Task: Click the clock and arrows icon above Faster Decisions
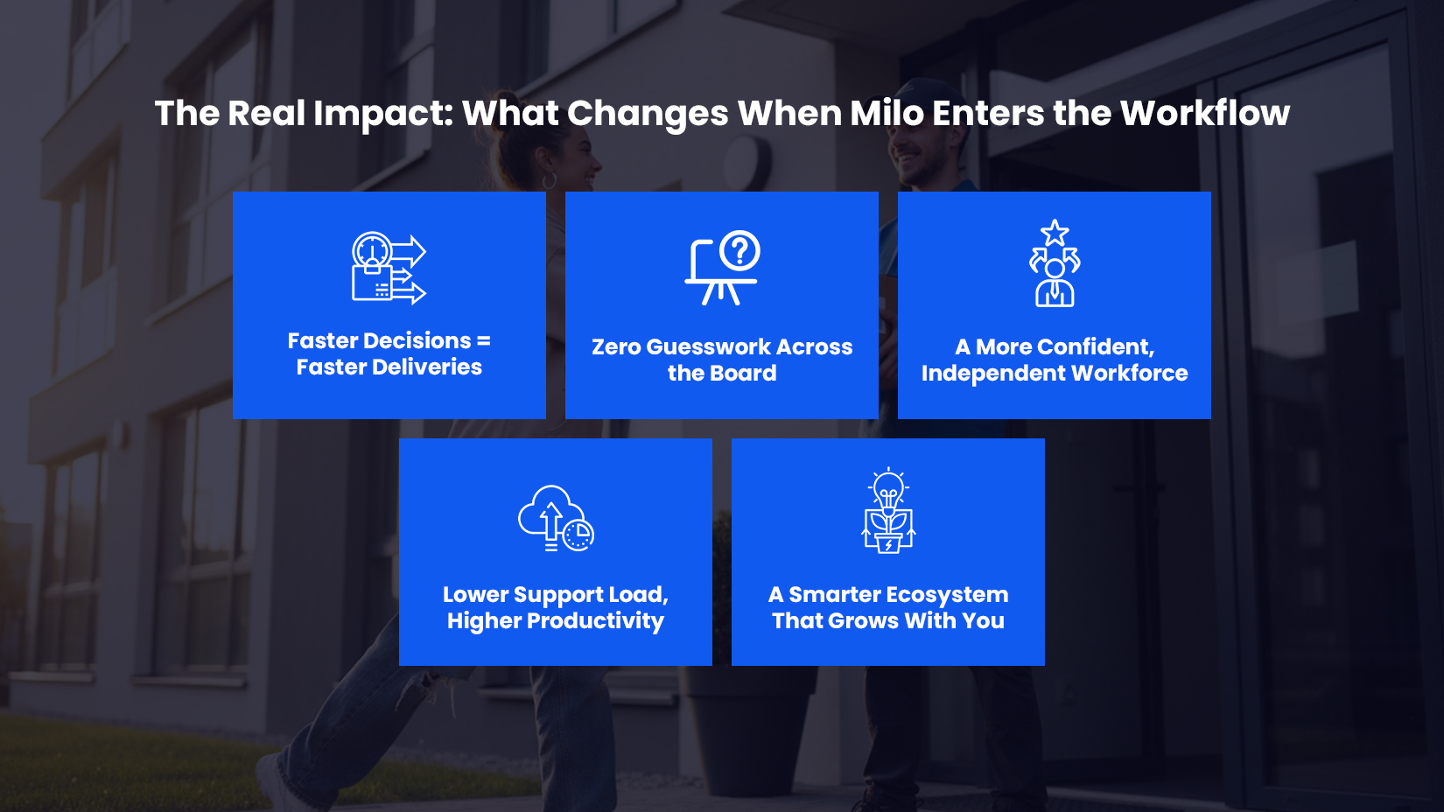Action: tap(389, 268)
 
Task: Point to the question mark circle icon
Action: tap(740, 251)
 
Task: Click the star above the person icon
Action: tap(1055, 233)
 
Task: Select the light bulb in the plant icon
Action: tap(888, 489)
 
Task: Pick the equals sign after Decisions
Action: tap(484, 340)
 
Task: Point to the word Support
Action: tap(557, 595)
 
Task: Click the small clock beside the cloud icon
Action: tap(578, 534)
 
